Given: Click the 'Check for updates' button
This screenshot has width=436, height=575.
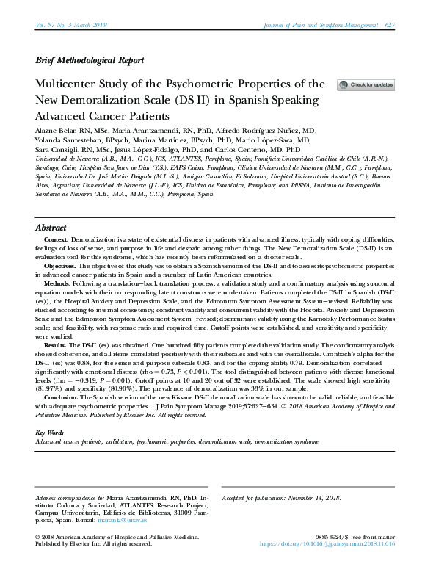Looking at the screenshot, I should click(366, 85).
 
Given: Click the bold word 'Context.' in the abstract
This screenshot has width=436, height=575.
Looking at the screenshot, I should click(57, 240).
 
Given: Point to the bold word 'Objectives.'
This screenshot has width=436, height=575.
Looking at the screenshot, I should click(62, 265).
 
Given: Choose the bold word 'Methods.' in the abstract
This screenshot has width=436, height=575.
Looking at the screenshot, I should click(58, 283).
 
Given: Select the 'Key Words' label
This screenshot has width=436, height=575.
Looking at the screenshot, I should click(51, 433).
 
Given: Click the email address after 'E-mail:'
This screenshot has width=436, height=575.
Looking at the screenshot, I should click(128, 520).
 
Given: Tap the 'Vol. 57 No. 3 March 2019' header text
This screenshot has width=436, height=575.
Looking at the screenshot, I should click(71, 25).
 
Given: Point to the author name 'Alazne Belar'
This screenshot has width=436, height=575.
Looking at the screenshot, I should click(57, 129).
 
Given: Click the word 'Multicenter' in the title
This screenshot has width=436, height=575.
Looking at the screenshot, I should click(72, 84).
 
